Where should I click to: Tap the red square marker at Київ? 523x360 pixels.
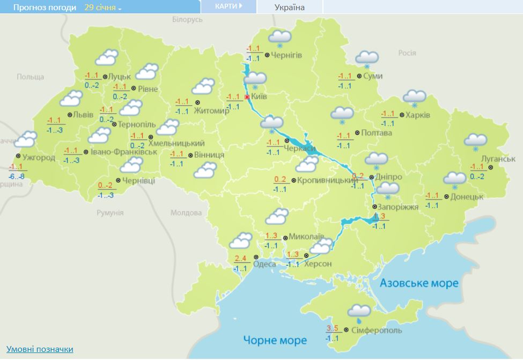click(247, 97)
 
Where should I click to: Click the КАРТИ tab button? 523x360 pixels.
click(228, 6)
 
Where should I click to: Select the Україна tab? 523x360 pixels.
click(289, 8)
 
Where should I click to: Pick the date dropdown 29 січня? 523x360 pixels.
click(103, 8)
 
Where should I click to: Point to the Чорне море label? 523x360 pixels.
click(275, 340)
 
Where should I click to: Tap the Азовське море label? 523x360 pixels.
click(419, 283)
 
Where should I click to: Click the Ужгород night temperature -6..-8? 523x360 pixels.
click(17, 177)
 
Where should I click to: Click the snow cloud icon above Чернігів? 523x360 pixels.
click(279, 38)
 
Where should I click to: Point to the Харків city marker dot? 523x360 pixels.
click(401, 115)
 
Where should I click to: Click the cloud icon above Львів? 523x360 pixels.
click(71, 99)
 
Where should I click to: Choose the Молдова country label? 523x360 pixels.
click(186, 213)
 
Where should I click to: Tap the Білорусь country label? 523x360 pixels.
click(187, 19)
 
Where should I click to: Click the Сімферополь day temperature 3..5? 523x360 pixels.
click(333, 329)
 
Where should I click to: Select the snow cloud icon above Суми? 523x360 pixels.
click(367, 58)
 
